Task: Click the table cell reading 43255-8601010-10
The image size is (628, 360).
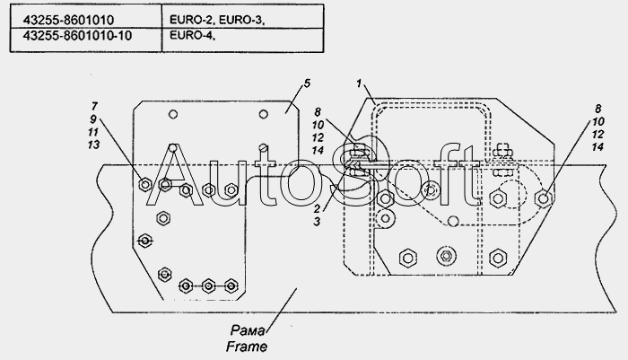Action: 77,36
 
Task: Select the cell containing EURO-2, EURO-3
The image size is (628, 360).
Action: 217,20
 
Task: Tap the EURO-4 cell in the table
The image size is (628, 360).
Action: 192,35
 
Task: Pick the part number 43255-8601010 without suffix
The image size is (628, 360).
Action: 68,20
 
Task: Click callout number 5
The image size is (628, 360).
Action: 307,83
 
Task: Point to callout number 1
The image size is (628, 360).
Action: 359,83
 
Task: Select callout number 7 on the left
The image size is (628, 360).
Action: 94,106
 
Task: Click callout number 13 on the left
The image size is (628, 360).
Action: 93,145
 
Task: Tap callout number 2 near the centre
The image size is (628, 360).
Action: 317,209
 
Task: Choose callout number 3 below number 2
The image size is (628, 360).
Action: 317,222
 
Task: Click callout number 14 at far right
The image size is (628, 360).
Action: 597,147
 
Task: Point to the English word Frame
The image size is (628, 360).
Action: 247,347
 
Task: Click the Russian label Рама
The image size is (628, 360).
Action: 247,330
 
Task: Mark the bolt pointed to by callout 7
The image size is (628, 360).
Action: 144,184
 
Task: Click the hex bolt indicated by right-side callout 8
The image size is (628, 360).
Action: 544,198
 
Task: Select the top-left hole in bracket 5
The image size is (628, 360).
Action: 173,114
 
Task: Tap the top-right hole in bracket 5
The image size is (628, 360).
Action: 263,114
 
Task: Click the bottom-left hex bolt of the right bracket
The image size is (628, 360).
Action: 407,258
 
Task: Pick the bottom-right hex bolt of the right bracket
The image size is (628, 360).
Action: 497,258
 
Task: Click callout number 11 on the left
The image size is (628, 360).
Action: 93,132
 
